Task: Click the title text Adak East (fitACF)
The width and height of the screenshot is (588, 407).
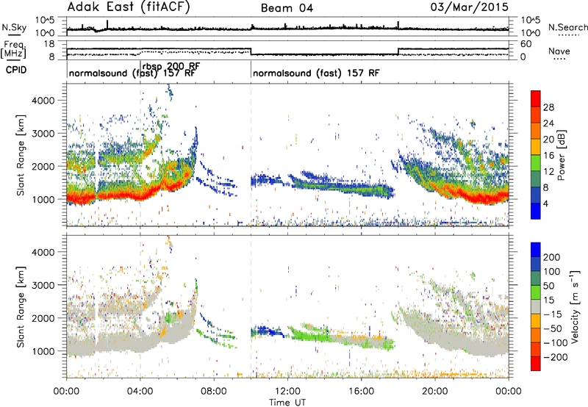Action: click(129, 7)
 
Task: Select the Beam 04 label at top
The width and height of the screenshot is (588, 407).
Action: click(287, 8)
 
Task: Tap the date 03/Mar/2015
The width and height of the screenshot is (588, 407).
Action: click(470, 7)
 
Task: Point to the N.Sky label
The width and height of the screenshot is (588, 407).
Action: click(14, 27)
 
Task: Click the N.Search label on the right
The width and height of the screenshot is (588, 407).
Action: click(567, 27)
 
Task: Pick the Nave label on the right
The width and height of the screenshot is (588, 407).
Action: click(559, 51)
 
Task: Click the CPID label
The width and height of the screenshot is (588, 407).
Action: click(16, 70)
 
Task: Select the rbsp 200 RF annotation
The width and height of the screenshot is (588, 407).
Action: click(171, 66)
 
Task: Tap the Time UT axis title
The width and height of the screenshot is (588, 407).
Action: click(287, 402)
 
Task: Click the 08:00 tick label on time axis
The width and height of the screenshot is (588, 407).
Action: click(214, 392)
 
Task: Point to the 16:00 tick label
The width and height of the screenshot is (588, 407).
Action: click(361, 392)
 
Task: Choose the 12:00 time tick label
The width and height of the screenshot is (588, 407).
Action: click(287, 392)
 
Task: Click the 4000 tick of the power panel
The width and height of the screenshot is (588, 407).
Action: click(43, 101)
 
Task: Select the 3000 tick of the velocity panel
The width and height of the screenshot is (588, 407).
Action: click(43, 285)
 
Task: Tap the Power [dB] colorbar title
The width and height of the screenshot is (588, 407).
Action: click(562, 155)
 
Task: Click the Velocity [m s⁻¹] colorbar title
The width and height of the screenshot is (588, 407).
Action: click(575, 306)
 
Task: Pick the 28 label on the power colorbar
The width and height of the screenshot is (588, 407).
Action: click(548, 107)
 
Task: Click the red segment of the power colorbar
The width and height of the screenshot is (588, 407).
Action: click(536, 98)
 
